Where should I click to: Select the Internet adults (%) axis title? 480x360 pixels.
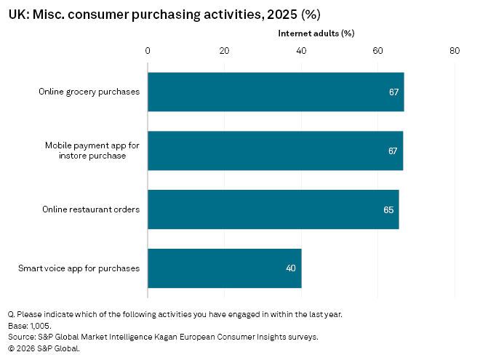[x=316, y=33]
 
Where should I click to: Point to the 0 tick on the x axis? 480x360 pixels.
[x=148, y=51]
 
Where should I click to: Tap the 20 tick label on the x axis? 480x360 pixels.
[x=224, y=51]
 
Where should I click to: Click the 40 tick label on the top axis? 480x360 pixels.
[x=301, y=51]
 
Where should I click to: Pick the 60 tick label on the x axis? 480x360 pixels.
[x=377, y=51]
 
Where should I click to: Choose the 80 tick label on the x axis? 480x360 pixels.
[x=455, y=51]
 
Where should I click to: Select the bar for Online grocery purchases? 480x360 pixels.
[x=276, y=92]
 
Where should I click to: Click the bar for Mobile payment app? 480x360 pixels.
[x=275, y=151]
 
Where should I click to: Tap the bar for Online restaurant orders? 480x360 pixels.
[x=273, y=209]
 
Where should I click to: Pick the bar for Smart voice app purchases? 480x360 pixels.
[x=224, y=268]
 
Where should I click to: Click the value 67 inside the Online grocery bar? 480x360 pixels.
[x=393, y=92]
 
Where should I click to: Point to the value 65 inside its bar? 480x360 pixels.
[x=388, y=210]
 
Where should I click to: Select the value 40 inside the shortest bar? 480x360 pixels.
[x=291, y=268]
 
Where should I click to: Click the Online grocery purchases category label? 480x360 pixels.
[x=89, y=92]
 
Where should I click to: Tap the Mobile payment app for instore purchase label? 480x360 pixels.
[x=92, y=151]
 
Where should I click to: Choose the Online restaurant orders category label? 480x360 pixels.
[x=91, y=209]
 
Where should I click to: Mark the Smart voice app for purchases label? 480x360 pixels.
[x=79, y=268]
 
